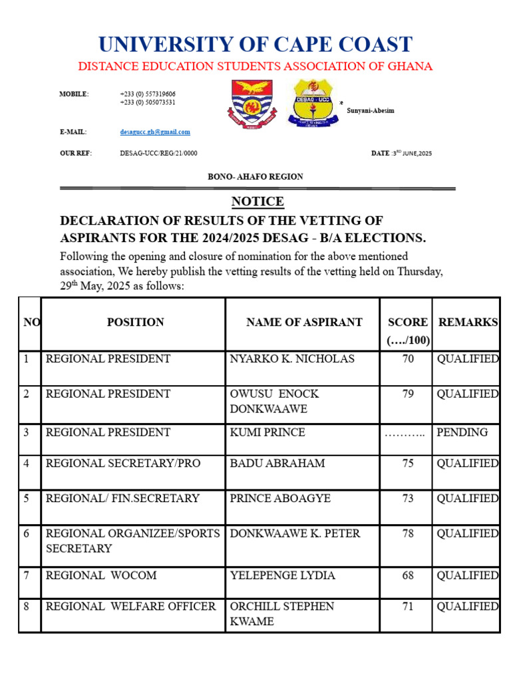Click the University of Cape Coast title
click(255, 45)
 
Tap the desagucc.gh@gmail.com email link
click(155, 132)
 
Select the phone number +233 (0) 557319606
click(148, 94)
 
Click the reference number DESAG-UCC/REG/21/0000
click(158, 154)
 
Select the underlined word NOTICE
click(257, 202)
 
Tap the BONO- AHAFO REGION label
click(255, 177)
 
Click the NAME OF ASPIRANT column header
click(304, 323)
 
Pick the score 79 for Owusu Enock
click(408, 394)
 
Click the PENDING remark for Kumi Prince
click(462, 432)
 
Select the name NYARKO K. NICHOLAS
click(292, 359)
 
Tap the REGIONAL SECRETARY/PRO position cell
click(122, 464)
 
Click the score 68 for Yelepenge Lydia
click(408, 575)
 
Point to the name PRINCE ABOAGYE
click(280, 499)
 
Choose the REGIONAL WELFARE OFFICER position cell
click(130, 607)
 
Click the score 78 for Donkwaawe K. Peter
click(408, 534)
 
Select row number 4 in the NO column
click(27, 464)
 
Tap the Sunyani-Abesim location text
click(371, 110)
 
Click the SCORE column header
click(408, 323)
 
